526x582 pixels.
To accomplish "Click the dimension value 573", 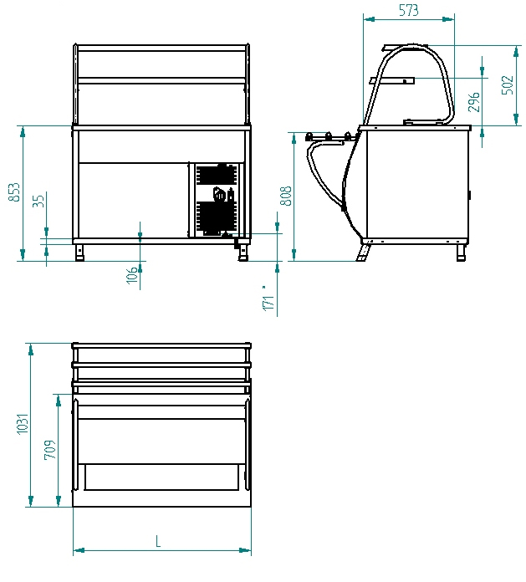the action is point(408,10).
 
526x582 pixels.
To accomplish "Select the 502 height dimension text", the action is point(508,85).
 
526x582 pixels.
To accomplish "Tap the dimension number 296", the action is point(473,102).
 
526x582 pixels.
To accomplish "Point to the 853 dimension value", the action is point(13,191).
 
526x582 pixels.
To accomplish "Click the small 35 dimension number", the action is point(38,200).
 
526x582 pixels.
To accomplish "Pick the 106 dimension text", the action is point(132,275).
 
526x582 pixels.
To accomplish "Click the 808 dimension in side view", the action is point(285,196).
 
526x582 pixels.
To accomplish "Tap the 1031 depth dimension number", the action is point(23,423).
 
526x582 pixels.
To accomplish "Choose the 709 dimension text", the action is point(50,450).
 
